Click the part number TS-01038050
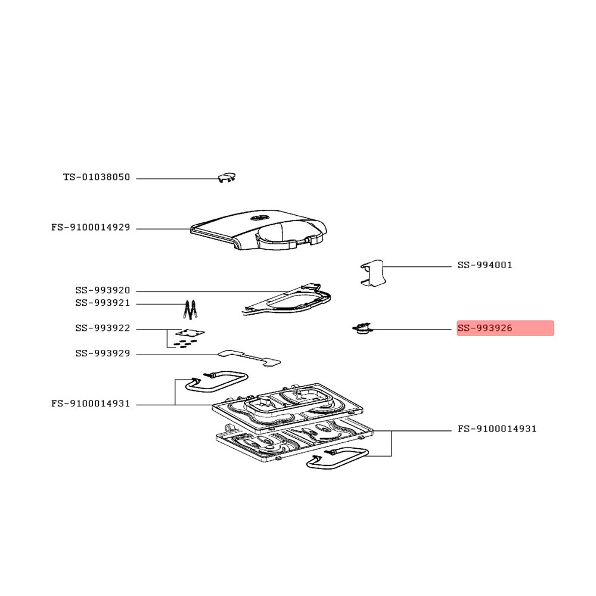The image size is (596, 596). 97,177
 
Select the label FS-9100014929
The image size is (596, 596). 91,227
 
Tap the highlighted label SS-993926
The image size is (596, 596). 485,328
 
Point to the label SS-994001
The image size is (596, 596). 485,265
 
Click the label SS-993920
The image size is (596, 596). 103,290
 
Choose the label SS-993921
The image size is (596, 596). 103,303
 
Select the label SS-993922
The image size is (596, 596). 103,328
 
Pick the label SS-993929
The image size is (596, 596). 103,353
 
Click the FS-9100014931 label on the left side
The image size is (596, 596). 91,403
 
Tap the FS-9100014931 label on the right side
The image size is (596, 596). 497,429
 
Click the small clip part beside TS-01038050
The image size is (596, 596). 226,177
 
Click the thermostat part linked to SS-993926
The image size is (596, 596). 362,329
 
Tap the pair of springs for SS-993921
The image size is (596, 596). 190,310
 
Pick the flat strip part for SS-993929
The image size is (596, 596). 249,358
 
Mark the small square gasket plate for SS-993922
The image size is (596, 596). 190,333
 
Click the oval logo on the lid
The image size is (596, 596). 259,218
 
